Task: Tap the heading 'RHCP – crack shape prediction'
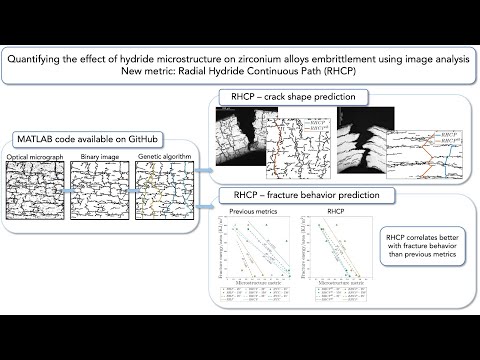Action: [x=286, y=98]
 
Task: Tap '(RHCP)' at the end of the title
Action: [x=342, y=73]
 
